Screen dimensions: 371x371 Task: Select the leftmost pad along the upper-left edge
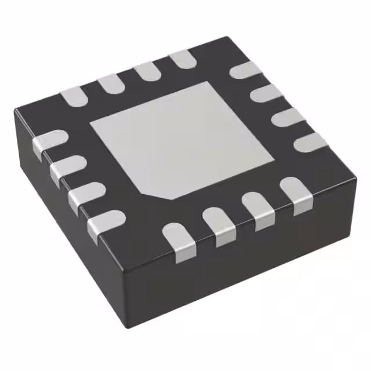click(x=75, y=96)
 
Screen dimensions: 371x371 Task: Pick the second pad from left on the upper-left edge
click(x=110, y=84)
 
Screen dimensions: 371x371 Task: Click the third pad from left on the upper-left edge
click(x=146, y=71)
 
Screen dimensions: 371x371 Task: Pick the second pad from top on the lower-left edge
click(x=67, y=168)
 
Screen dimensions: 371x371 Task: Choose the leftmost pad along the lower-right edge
click(x=179, y=238)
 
